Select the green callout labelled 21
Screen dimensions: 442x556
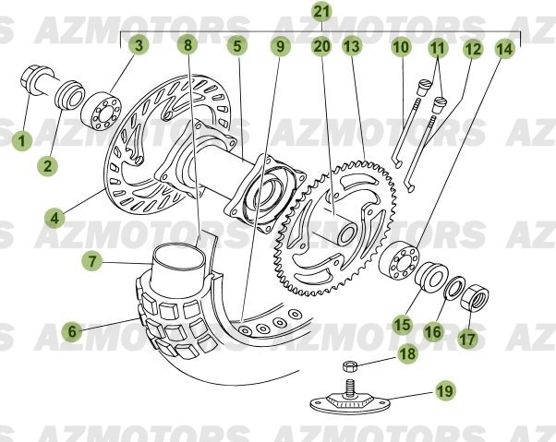point(321,12)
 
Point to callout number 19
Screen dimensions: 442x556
point(445,391)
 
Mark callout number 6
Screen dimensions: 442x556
point(70,329)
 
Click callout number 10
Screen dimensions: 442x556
point(400,45)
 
